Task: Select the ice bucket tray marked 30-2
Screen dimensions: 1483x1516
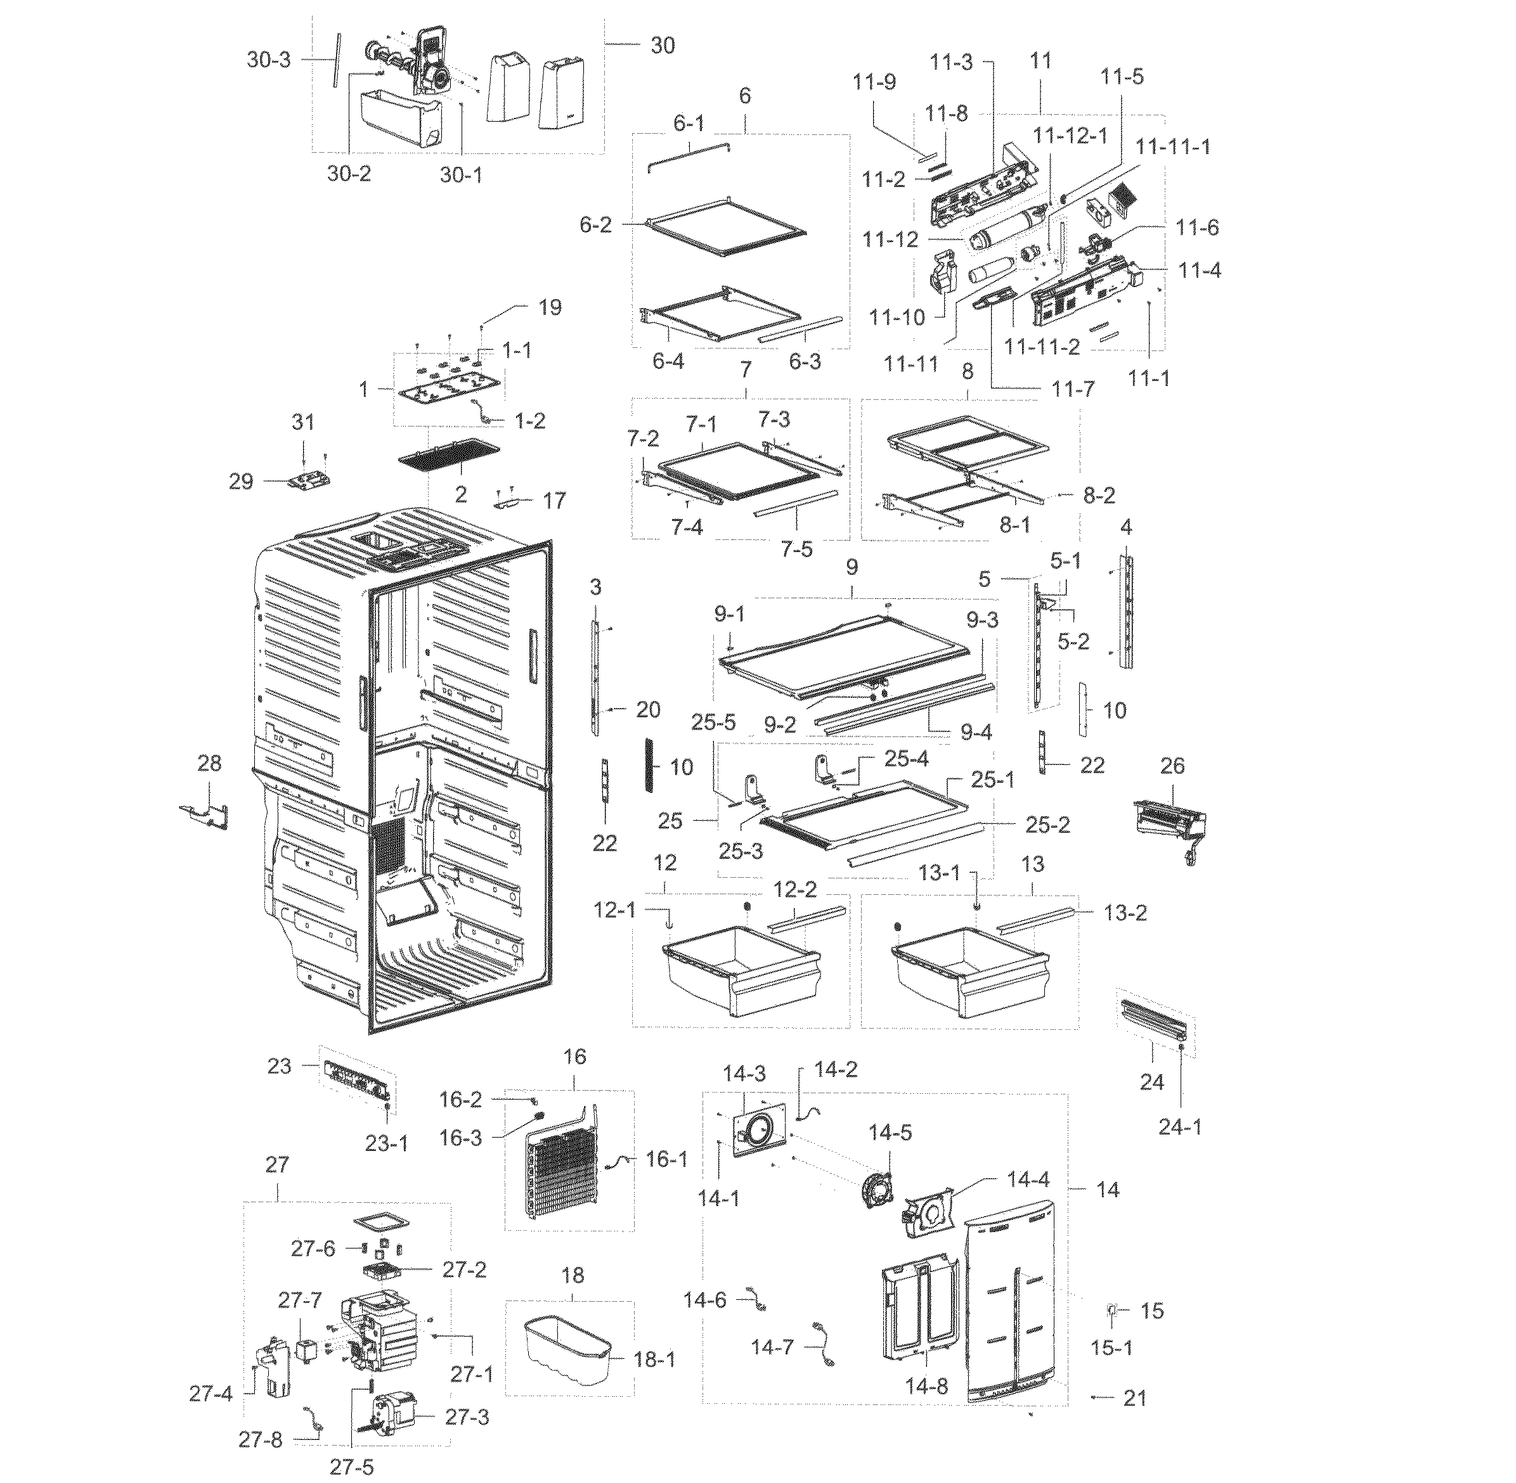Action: (398, 117)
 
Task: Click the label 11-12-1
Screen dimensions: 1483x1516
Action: (1069, 135)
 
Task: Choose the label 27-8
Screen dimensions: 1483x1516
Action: (260, 1439)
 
